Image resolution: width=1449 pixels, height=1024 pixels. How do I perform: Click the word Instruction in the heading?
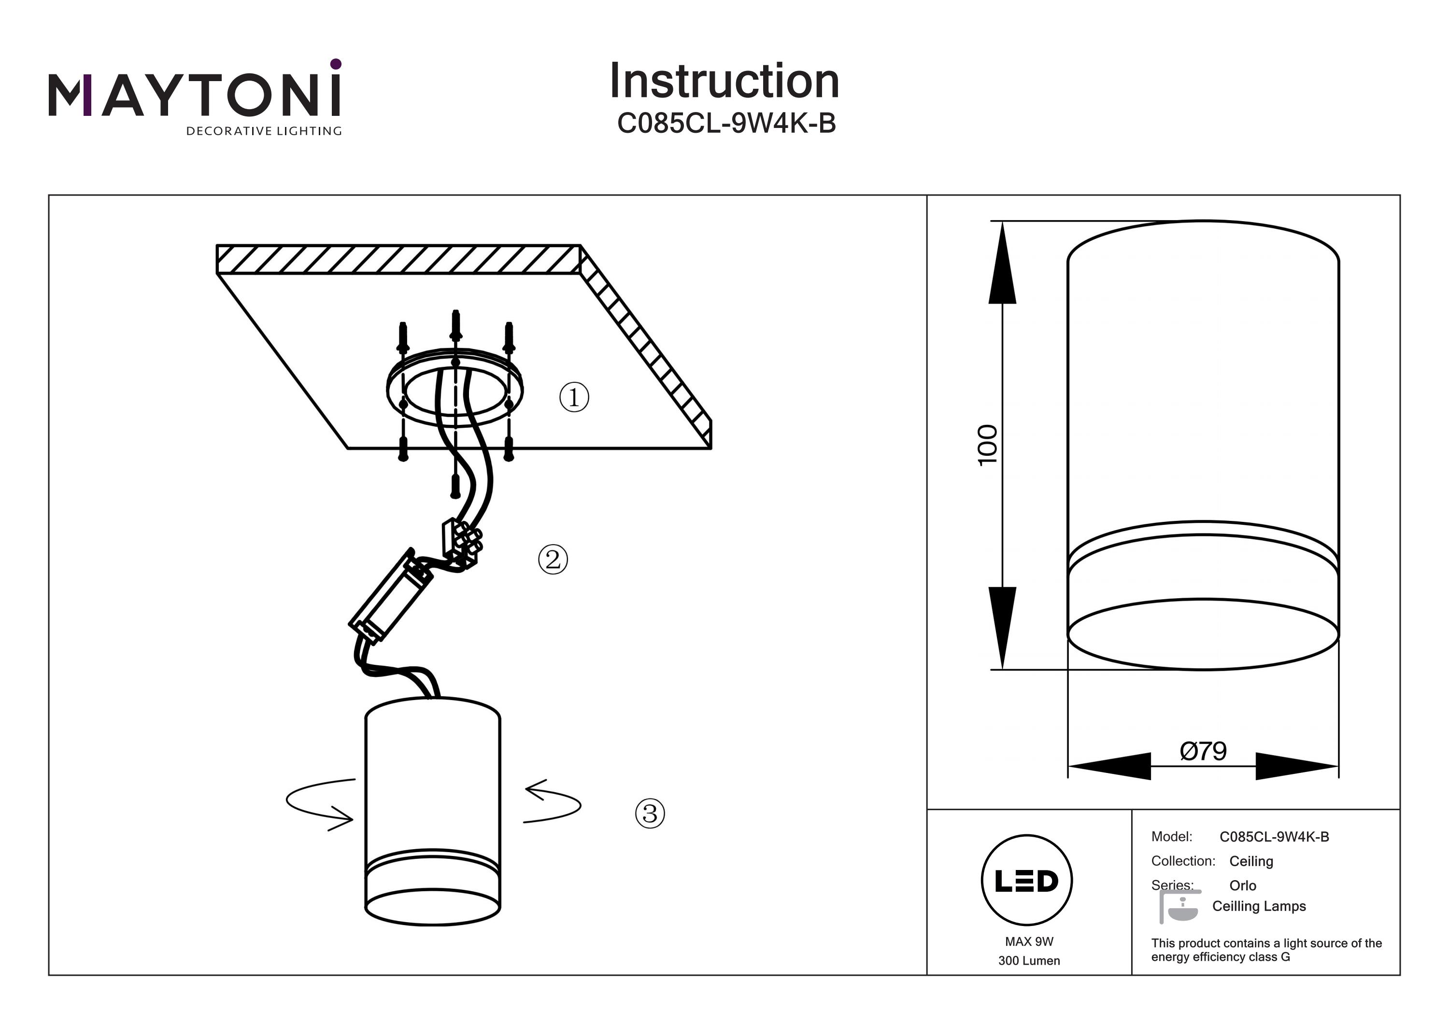(x=724, y=82)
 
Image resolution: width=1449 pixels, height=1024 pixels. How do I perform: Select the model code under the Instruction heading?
(x=726, y=124)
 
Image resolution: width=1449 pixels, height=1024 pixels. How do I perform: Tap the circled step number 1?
(x=574, y=397)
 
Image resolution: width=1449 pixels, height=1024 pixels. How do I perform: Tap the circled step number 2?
(x=553, y=559)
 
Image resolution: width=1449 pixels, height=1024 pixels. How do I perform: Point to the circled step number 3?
(x=650, y=814)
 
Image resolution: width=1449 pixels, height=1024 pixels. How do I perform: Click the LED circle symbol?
(x=1027, y=881)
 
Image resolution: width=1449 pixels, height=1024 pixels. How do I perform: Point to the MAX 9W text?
(x=1029, y=941)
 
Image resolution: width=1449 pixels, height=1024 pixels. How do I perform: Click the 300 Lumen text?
(x=1029, y=961)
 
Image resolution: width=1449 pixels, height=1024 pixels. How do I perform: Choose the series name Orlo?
(x=1243, y=885)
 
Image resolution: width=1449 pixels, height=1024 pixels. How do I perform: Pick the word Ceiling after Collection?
(x=1251, y=861)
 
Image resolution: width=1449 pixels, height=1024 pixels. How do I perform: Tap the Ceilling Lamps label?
(x=1259, y=906)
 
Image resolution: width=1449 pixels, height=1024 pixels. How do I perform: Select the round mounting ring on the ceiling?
(x=455, y=387)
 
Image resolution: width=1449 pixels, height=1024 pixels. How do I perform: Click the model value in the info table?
(x=1274, y=837)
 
